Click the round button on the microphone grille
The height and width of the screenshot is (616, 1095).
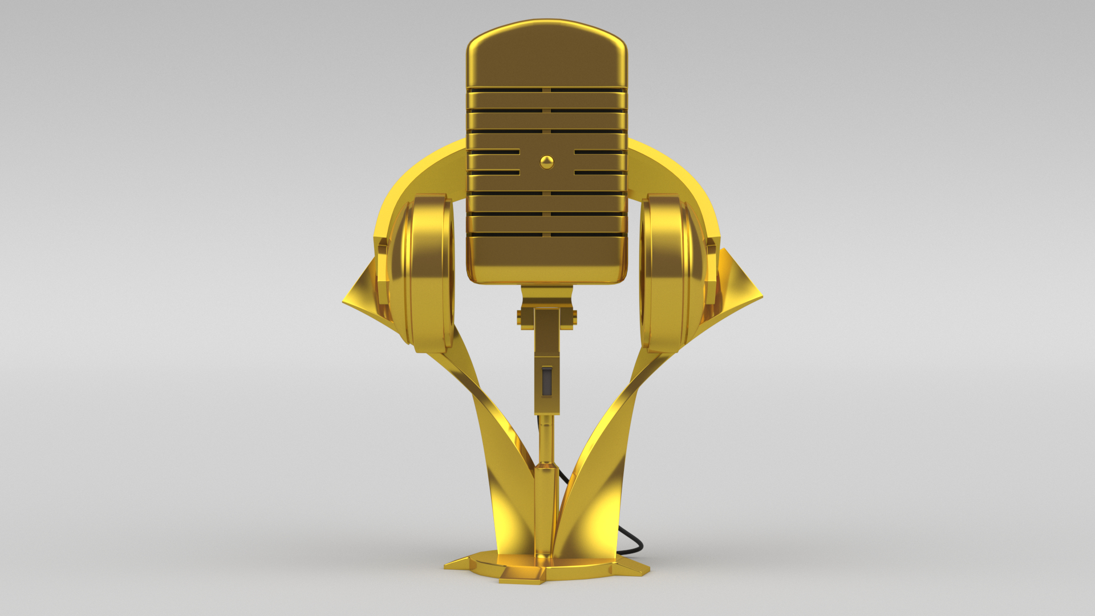click(547, 162)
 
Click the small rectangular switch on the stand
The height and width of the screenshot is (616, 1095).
click(547, 381)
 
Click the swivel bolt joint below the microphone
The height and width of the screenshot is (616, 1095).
click(547, 317)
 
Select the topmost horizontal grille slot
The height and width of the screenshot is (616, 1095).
click(547, 90)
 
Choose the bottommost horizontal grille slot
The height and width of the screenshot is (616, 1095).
click(547, 234)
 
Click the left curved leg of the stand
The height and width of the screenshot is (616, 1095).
click(502, 456)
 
